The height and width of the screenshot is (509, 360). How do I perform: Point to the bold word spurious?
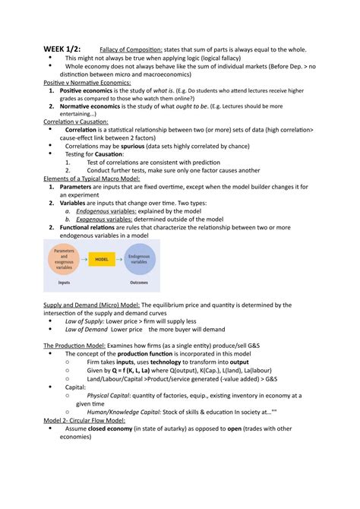click(150, 146)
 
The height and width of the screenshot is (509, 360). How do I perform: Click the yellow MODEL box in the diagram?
click(101, 259)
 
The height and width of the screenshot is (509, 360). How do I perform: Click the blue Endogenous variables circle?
click(140, 259)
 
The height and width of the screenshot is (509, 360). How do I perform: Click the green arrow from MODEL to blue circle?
click(120, 259)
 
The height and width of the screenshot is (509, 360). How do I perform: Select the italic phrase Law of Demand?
click(86, 330)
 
